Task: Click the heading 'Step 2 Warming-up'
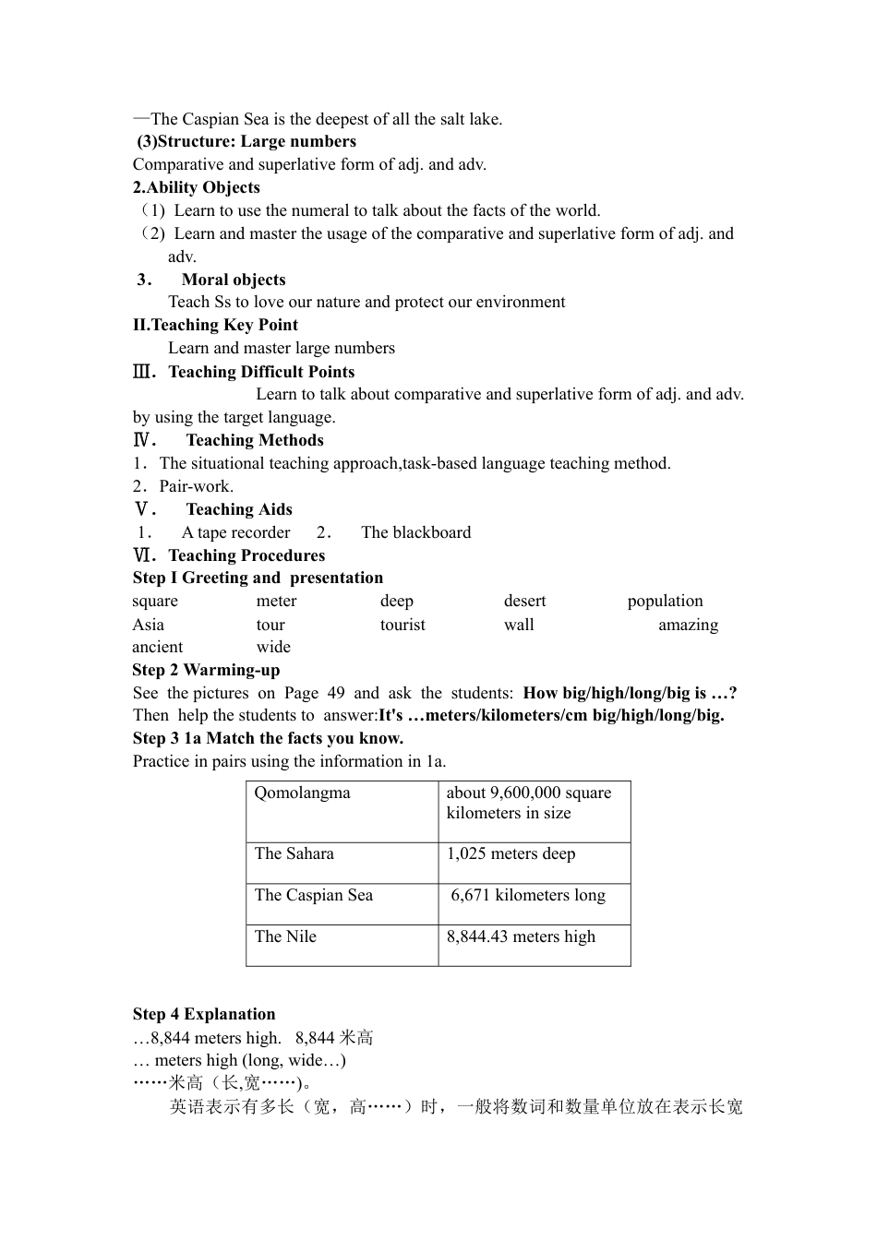pos(206,670)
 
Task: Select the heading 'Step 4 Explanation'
pos(204,1014)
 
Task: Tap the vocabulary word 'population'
pos(665,601)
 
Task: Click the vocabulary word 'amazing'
pos(688,625)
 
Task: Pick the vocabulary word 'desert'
pos(524,601)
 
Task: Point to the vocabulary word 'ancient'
pos(158,647)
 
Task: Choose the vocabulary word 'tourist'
pos(402,625)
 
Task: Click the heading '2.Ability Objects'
pos(196,187)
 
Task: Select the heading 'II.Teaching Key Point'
pos(215,325)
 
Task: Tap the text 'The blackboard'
pos(415,532)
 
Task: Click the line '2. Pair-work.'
pos(183,486)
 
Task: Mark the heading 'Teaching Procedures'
pos(246,555)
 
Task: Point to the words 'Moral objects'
pos(234,280)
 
